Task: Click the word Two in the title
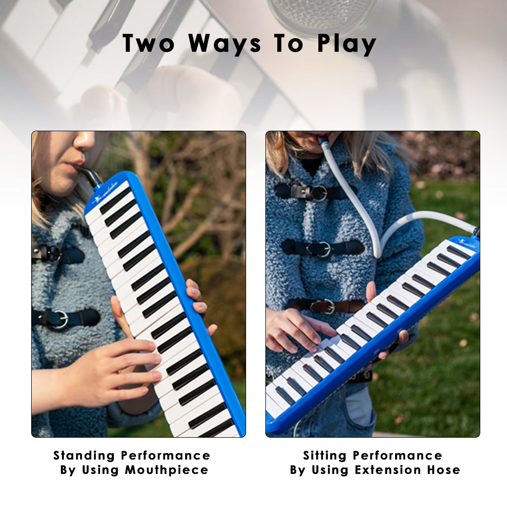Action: coord(149,44)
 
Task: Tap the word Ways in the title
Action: coord(225,44)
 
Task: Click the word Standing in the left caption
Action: coord(84,456)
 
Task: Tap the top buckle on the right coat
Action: coord(318,193)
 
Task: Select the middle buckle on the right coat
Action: coord(324,249)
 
